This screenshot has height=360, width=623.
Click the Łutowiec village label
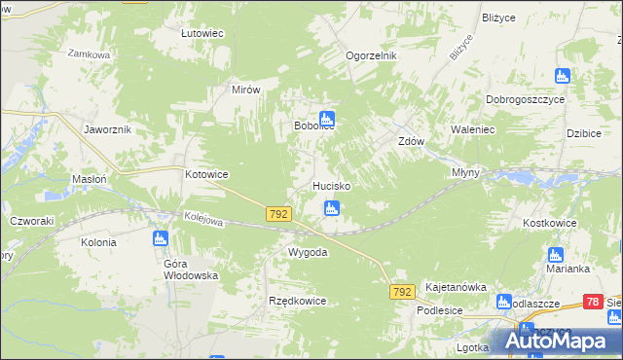[202, 33]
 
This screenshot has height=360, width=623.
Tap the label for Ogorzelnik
[372, 55]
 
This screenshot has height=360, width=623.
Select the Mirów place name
[246, 89]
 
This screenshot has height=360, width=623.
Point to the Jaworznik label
[108, 128]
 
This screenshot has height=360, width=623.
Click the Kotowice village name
[206, 174]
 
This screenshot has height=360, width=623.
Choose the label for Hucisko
[331, 185]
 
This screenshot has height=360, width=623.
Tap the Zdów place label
[411, 140]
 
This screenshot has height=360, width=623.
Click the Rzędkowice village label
[297, 301]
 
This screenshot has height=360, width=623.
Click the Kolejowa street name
[202, 221]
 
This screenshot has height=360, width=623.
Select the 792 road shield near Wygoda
[278, 212]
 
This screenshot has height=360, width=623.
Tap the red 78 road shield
[594, 303]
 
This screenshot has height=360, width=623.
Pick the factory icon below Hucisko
[332, 207]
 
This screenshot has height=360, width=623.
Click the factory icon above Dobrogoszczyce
[562, 76]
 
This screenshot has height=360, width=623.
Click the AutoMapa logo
[555, 340]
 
